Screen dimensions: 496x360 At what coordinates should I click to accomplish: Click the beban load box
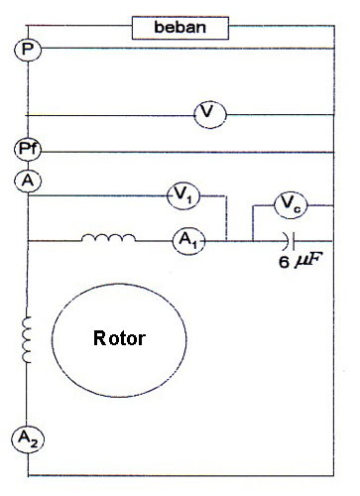[x=180, y=27]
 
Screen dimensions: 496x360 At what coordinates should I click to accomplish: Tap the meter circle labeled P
[x=28, y=49]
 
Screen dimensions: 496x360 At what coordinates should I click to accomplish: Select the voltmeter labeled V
[x=208, y=114]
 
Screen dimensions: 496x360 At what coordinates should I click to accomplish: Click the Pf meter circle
[x=28, y=150]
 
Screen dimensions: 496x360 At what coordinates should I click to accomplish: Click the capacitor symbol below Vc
[x=287, y=239]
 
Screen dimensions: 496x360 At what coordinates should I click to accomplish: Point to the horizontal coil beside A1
[x=108, y=238]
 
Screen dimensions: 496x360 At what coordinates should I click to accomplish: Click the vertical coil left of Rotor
[x=28, y=338]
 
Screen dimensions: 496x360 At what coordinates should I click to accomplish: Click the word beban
[x=180, y=27]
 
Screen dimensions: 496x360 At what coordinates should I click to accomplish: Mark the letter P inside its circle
[x=28, y=49]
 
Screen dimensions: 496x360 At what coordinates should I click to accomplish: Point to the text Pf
[x=28, y=150]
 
